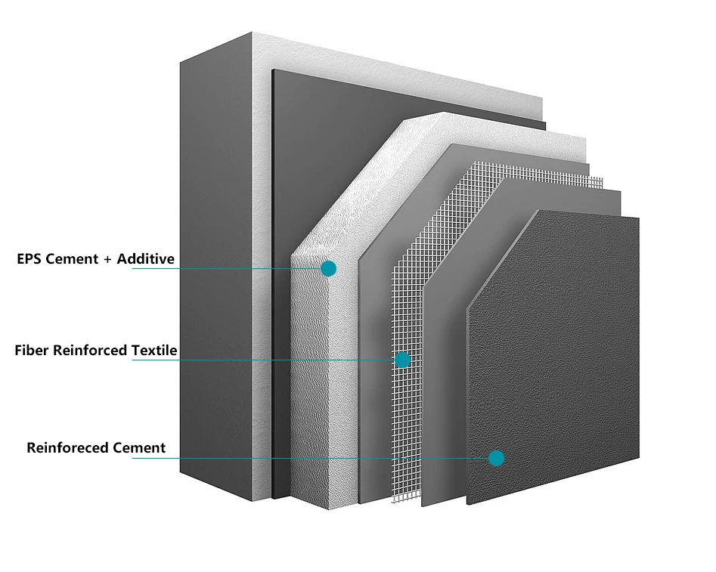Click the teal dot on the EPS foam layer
point(328,268)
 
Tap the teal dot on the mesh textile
point(402,360)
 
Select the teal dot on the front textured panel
point(496,459)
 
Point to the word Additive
point(146,259)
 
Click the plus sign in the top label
point(107,260)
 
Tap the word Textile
point(154,350)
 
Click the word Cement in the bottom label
point(139,447)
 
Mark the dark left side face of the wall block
point(215,269)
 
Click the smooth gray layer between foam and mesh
point(374,365)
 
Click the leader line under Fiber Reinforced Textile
point(263,360)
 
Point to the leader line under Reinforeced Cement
point(311,459)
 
